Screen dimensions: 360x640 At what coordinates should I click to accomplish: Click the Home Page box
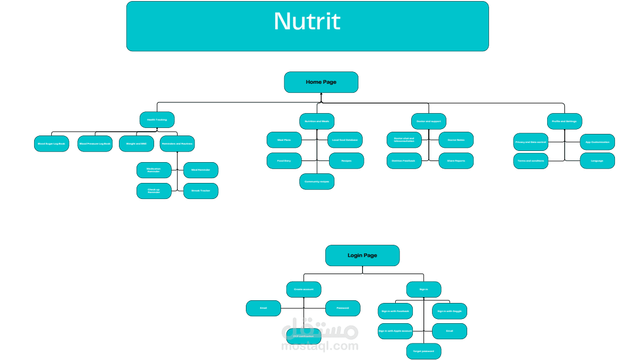(x=321, y=82)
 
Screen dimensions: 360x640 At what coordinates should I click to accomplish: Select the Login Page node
(x=362, y=255)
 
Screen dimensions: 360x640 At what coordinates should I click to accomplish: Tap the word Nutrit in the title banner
(x=307, y=22)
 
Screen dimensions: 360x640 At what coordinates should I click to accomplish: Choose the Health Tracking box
(x=157, y=120)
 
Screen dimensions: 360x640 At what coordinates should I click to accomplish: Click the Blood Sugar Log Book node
(x=51, y=144)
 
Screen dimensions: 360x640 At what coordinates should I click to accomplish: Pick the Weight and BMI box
(x=136, y=144)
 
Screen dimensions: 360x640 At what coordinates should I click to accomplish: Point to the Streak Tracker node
(x=201, y=190)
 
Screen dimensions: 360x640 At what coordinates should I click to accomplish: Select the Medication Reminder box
(x=154, y=170)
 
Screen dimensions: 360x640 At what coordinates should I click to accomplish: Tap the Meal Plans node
(x=284, y=140)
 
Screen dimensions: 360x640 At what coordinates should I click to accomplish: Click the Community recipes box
(x=317, y=181)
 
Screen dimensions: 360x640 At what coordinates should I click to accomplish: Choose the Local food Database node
(x=345, y=140)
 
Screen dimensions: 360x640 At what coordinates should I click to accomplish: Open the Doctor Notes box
(x=456, y=140)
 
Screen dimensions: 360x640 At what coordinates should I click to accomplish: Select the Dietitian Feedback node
(x=404, y=161)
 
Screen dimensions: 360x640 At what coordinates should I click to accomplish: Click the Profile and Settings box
(x=564, y=121)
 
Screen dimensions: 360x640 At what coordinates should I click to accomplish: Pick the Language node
(x=597, y=161)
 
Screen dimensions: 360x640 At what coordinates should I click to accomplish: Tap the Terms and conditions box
(x=531, y=161)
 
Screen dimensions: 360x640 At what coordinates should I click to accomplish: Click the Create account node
(x=304, y=289)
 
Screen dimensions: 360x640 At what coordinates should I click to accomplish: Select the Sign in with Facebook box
(x=395, y=311)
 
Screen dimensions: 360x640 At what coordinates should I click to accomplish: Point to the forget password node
(x=423, y=351)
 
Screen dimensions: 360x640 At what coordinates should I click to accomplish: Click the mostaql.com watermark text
(x=320, y=347)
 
